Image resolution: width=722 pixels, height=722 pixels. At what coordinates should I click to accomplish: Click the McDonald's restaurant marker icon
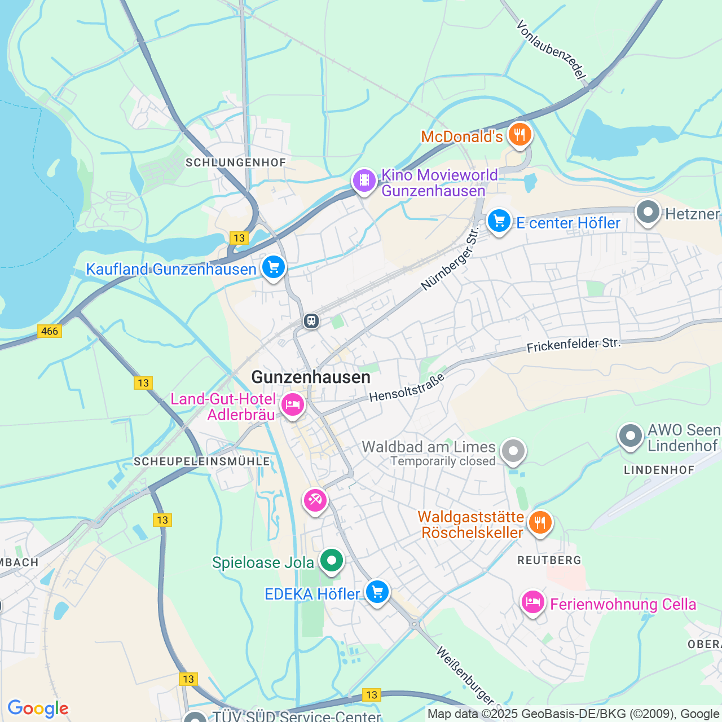coord(519,135)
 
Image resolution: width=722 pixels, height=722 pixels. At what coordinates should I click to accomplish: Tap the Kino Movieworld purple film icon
coord(364,180)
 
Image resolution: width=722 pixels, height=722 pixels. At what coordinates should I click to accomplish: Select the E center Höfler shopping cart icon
coord(499,221)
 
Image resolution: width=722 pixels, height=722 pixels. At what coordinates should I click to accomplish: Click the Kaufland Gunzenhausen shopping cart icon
coord(274,267)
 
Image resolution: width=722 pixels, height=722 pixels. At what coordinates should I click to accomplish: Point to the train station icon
coord(311,321)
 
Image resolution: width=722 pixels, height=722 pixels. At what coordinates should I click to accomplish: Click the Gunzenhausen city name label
coord(311,377)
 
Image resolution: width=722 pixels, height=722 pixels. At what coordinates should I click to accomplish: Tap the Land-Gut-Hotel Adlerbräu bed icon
coord(293,404)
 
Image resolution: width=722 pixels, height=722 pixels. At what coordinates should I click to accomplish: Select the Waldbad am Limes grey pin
coord(513,451)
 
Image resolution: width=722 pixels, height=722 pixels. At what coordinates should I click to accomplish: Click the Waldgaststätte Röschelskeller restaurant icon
coord(540,522)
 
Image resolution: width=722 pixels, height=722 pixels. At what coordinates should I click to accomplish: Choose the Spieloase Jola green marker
coord(332,561)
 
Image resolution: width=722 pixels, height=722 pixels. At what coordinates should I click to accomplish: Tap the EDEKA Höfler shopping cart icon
coord(377,592)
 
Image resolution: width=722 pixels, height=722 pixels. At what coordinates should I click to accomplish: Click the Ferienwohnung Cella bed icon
coord(532,603)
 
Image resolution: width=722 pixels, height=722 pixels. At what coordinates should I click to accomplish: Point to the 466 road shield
coord(50,331)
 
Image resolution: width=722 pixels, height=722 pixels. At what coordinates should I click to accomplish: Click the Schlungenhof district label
coord(236,162)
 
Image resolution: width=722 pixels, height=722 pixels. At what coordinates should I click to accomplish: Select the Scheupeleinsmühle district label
coord(202,461)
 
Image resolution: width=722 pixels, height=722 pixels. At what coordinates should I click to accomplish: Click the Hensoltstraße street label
coord(407,388)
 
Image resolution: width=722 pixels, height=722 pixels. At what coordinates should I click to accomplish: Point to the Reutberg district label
coord(549,560)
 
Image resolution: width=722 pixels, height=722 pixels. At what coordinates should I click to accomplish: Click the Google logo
coord(38,708)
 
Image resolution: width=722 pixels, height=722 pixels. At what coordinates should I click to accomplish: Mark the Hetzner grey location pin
coord(648,213)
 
